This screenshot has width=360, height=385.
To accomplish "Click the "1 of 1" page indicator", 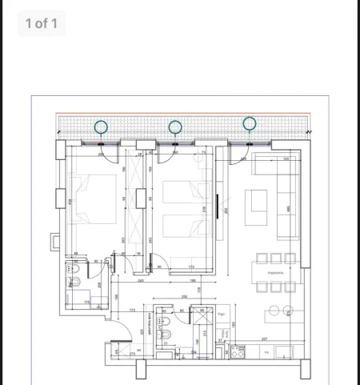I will [41, 23].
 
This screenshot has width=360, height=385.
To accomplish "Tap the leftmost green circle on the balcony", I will [101, 126].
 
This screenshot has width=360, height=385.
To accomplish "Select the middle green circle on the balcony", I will [175, 126].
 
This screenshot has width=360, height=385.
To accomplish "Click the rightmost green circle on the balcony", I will [250, 123].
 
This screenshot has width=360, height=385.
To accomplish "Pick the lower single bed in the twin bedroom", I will [180, 226].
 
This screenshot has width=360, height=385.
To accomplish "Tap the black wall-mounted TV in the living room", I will [219, 205].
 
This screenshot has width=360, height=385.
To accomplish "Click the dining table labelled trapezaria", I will [275, 272].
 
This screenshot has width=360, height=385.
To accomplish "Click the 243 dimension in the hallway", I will [140, 280].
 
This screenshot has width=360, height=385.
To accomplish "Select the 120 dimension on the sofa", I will [286, 158].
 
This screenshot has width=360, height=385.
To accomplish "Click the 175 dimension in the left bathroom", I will [86, 302].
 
